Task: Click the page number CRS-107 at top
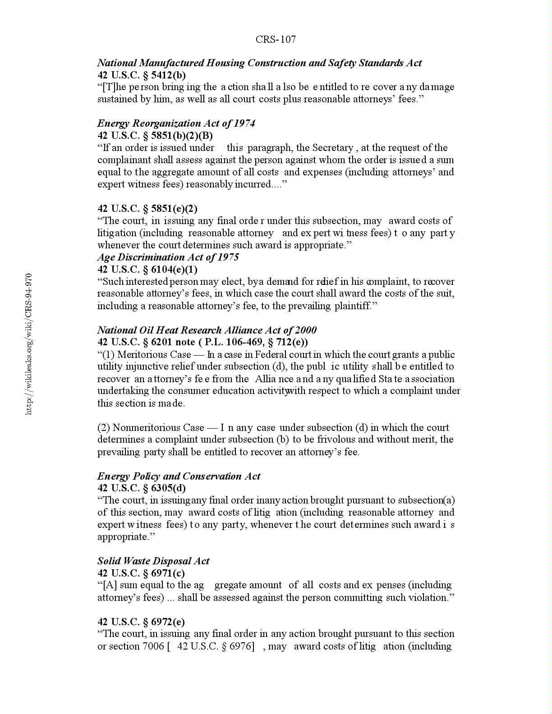click(x=276, y=39)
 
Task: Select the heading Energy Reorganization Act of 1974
click(x=176, y=123)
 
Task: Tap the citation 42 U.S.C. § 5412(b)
click(x=142, y=75)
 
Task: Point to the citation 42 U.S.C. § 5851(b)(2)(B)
click(x=155, y=135)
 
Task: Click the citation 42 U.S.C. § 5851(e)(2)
click(x=147, y=208)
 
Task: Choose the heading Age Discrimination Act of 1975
click(x=168, y=257)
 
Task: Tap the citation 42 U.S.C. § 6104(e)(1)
click(x=147, y=269)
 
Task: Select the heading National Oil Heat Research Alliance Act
click(x=207, y=330)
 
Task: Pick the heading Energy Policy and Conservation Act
click(x=179, y=476)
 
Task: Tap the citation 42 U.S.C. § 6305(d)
click(x=142, y=488)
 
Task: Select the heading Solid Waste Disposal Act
click(x=153, y=561)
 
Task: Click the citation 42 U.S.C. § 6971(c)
click(x=141, y=573)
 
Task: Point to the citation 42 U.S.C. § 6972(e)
click(x=141, y=622)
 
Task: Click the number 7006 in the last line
click(x=150, y=646)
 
